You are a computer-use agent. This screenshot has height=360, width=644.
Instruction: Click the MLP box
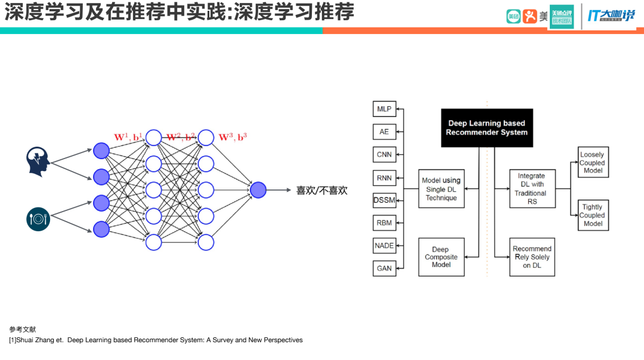coord(384,109)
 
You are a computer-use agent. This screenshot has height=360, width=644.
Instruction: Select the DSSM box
coord(384,200)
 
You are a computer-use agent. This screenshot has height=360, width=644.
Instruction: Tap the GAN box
coord(384,268)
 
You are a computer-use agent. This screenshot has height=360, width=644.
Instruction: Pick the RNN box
coord(384,177)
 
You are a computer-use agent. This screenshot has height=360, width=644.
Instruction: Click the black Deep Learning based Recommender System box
coord(487,128)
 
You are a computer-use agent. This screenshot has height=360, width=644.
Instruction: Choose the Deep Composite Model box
coord(441,257)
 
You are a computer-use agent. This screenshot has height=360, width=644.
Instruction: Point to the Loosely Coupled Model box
coord(592,163)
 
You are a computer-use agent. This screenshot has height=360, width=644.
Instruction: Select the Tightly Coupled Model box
coord(592,215)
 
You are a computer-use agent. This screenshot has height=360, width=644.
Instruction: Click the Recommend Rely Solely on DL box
coord(532,257)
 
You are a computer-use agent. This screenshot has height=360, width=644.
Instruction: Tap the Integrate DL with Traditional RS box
coord(532,188)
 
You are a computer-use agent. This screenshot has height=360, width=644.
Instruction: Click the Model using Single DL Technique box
coord(441,189)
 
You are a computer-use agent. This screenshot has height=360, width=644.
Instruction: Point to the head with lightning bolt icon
coord(38,162)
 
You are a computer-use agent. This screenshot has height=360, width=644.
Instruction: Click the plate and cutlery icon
coord(38,219)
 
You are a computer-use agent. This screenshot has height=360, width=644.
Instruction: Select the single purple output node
coord(258,190)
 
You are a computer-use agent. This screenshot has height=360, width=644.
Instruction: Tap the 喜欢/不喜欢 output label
coord(321,191)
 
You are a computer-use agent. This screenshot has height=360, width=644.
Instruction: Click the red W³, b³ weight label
coord(233,138)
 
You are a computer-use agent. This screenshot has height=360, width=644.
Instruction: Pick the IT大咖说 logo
coord(611,16)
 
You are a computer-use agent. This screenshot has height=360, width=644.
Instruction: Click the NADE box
coord(384,246)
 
